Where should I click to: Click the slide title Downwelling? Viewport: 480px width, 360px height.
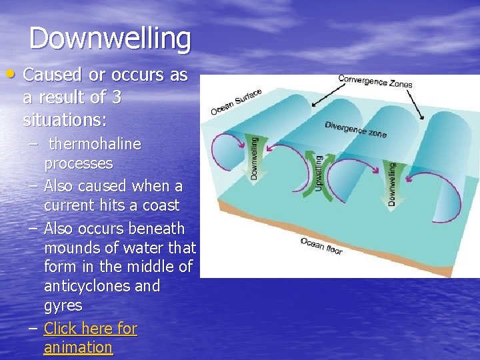(110, 38)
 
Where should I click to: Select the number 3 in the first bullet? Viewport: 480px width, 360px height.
(116, 98)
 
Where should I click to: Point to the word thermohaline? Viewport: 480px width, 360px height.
(95, 144)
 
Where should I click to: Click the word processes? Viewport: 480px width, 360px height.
(78, 163)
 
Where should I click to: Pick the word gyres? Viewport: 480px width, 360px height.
(63, 306)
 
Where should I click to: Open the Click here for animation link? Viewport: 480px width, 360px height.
(90, 337)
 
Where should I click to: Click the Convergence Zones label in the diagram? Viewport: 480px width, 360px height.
(375, 81)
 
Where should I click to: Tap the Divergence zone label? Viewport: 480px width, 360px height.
(355, 129)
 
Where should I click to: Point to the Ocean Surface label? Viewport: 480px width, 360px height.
(236, 101)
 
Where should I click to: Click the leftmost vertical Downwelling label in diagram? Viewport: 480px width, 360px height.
(254, 157)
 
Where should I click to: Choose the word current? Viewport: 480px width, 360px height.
(69, 205)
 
